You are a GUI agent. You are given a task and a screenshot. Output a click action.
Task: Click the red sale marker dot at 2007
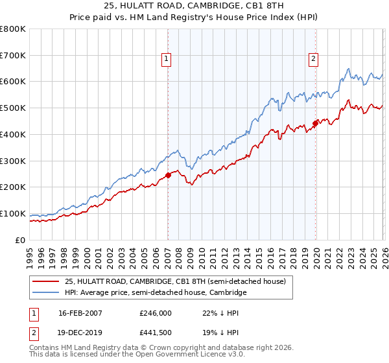168,174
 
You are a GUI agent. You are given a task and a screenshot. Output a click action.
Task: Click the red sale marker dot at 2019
315,123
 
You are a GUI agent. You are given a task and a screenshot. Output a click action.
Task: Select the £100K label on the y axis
13,213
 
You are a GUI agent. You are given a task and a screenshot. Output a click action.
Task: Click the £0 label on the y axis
21,240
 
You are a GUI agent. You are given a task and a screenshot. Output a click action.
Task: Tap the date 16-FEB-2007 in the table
80,313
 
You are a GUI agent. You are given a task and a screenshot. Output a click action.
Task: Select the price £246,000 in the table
155,313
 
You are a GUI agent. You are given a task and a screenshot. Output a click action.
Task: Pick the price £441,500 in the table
155,333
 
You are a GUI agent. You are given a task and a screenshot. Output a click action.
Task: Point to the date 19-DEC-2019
80,333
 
